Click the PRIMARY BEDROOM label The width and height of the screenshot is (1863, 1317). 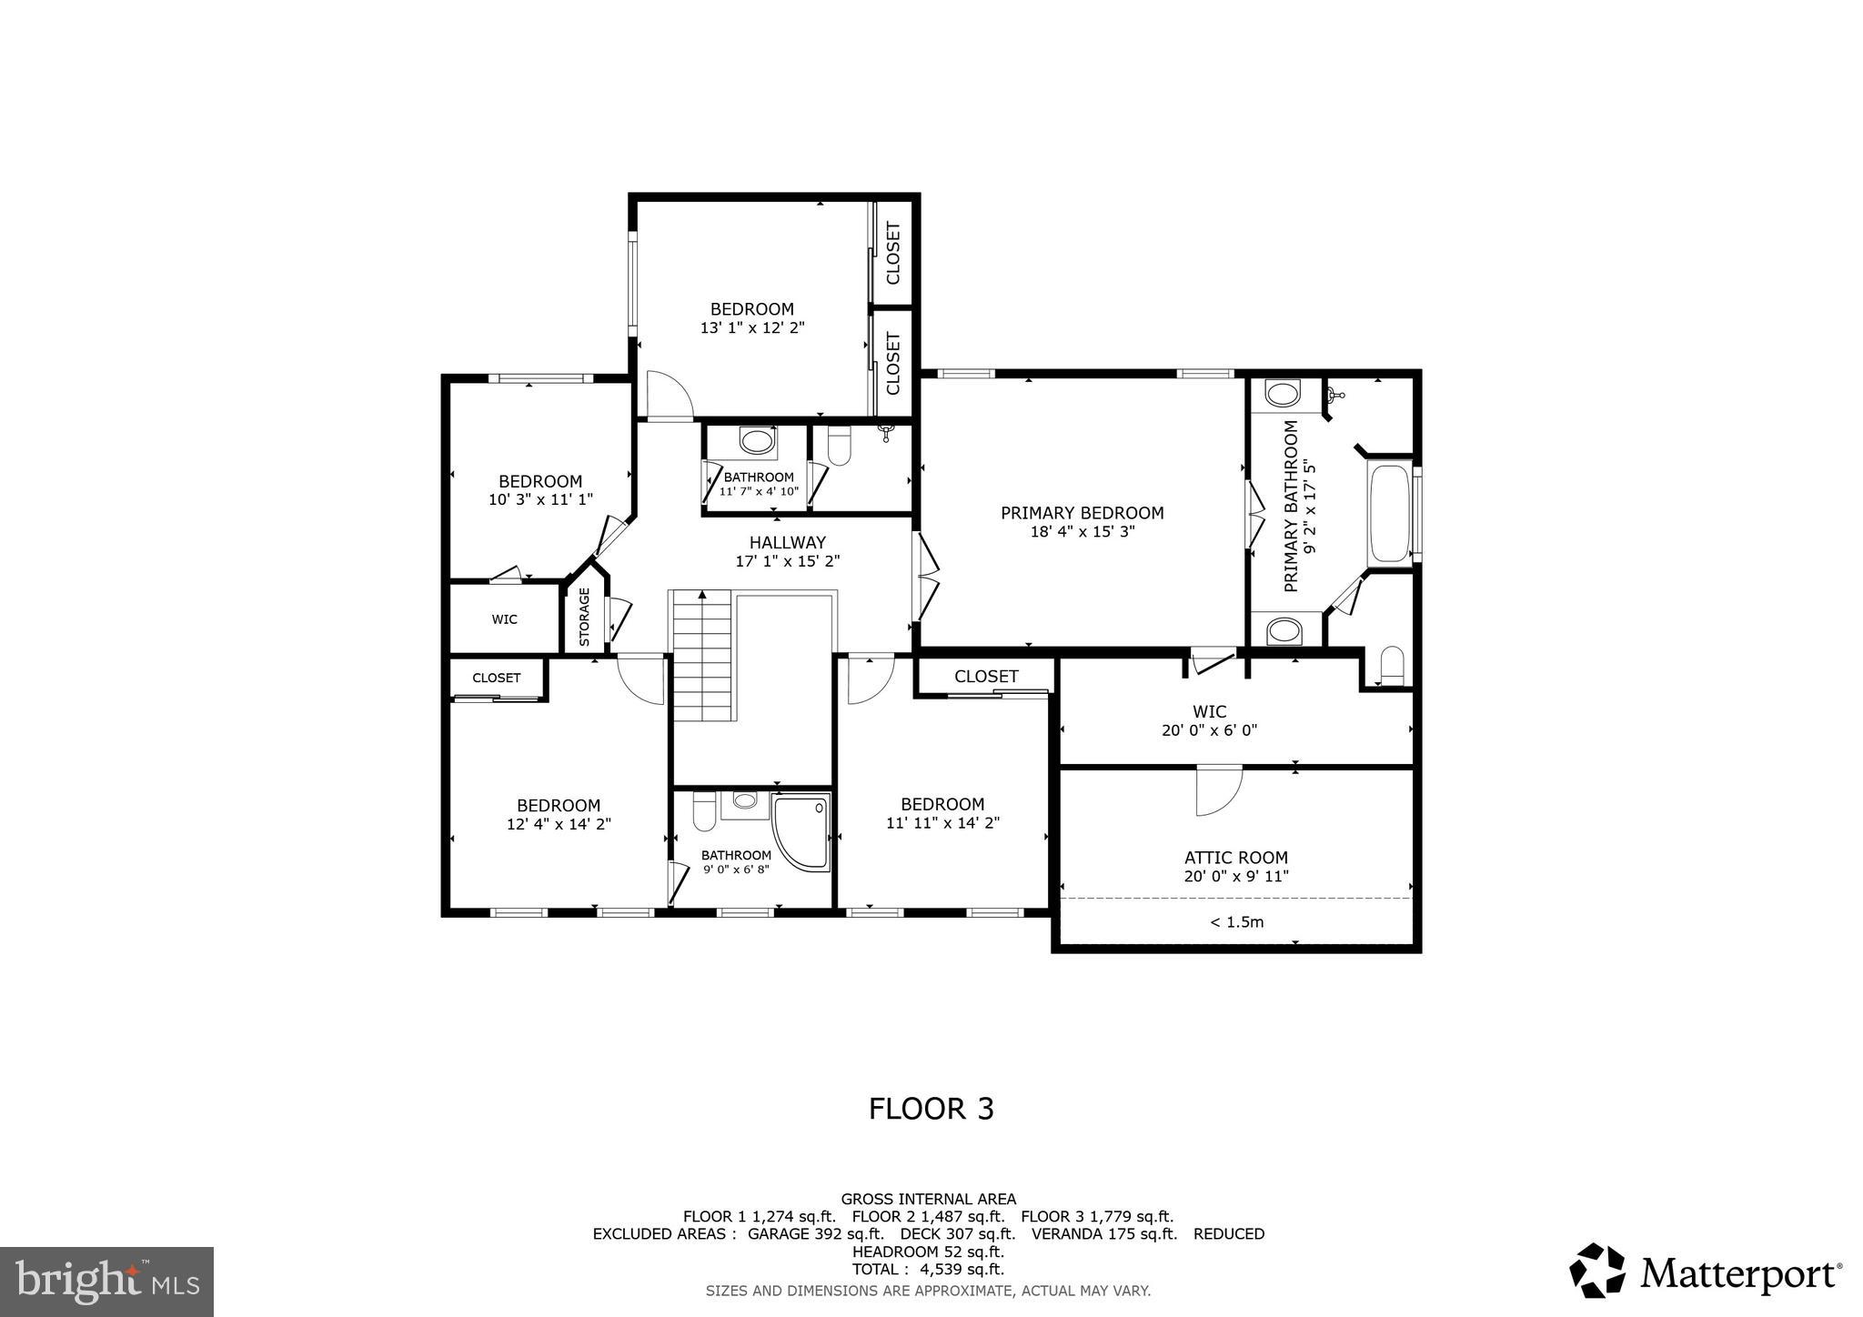tap(1082, 513)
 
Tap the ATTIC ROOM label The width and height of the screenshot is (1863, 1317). tap(1235, 858)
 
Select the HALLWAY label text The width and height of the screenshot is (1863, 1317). tap(787, 543)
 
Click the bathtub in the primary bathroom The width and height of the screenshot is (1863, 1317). tap(1388, 514)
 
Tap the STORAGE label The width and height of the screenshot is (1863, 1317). tap(584, 617)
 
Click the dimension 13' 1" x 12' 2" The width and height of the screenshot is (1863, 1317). tap(752, 327)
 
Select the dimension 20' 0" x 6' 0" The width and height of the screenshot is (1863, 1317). tap(1209, 729)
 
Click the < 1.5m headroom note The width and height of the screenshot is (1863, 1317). tap(1236, 922)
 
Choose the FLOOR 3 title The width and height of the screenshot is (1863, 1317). tap(931, 1109)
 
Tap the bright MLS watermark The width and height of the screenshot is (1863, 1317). tap(107, 1282)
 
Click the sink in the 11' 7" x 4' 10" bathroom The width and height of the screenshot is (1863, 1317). tap(755, 442)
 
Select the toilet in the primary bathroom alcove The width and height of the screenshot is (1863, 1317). tap(1391, 667)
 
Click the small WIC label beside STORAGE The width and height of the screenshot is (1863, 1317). tap(504, 619)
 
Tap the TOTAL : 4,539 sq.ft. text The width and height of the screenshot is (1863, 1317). tap(928, 1269)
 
